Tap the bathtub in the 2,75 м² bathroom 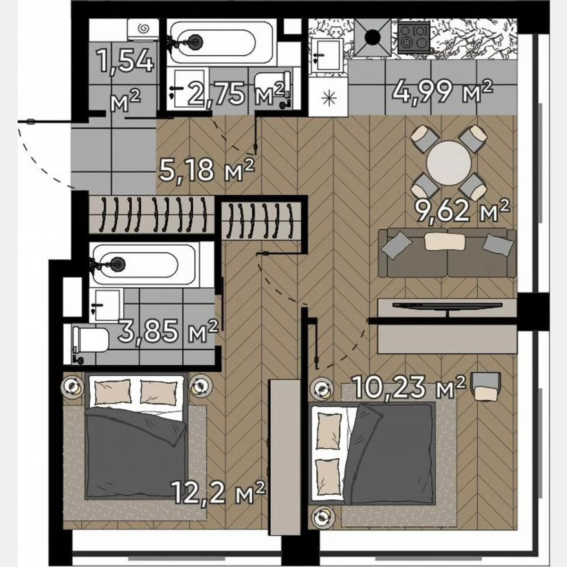tap(219, 42)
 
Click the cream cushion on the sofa tap(438, 242)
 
